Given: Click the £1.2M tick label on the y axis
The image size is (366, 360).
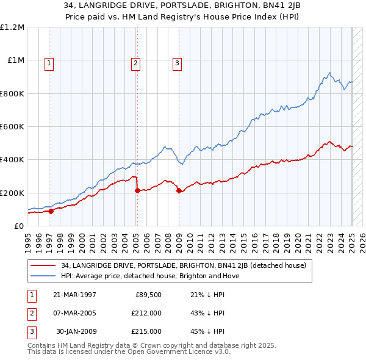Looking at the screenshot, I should pyautogui.click(x=12, y=27).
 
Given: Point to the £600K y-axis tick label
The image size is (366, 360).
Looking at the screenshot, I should pyautogui.click(x=12, y=127).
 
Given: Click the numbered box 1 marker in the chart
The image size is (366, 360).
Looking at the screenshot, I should pyautogui.click(x=48, y=62).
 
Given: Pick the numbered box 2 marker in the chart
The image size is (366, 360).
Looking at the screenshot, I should pyautogui.click(x=135, y=62).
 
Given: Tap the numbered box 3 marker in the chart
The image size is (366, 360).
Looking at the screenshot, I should pyautogui.click(x=177, y=62).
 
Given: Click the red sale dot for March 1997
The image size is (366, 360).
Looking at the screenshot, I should pyautogui.click(x=51, y=211).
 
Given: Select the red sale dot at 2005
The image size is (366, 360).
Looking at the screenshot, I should pyautogui.click(x=137, y=191).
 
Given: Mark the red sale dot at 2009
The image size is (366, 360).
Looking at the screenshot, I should pyautogui.click(x=179, y=191).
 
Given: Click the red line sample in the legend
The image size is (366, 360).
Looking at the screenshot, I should pyautogui.click(x=43, y=265).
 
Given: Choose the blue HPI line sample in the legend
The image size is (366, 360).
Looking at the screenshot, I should pyautogui.click(x=43, y=276).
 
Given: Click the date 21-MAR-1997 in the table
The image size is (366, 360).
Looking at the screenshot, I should pyautogui.click(x=75, y=295).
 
